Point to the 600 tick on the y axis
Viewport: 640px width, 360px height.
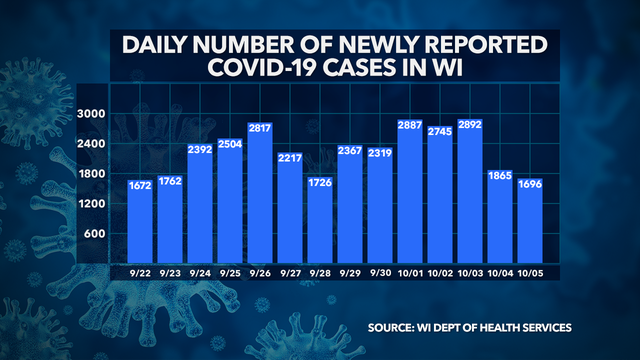(95, 234)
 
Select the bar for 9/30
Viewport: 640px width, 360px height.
(381, 204)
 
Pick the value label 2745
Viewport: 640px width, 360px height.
(441, 133)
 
